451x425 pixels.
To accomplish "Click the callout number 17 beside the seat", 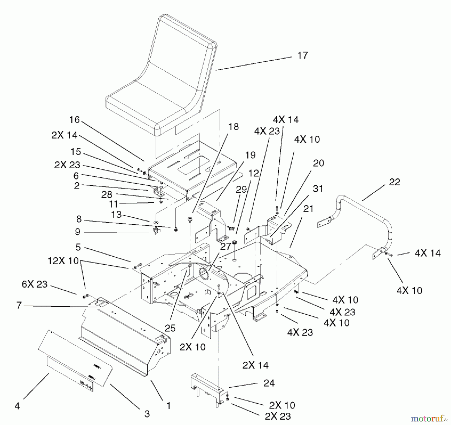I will coord(302,55).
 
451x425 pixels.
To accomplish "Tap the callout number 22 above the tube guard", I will coord(394,182).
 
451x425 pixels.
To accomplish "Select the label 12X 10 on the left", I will coord(63,261).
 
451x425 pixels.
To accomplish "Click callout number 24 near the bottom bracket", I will coord(269,383).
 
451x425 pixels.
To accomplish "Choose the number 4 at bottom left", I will coord(17,406).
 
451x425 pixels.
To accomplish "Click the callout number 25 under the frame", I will coord(170,328).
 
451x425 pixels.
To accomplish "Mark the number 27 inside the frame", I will coord(225,246).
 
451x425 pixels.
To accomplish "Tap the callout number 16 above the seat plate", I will coord(74,120).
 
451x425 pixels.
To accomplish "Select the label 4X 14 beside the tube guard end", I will coord(428,253).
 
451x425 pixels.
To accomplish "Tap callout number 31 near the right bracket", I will coord(318,189).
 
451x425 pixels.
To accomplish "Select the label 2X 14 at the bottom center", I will coord(255,365).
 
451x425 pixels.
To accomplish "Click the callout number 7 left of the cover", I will coord(19,306).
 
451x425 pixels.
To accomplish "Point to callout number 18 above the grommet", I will coord(233,127).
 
